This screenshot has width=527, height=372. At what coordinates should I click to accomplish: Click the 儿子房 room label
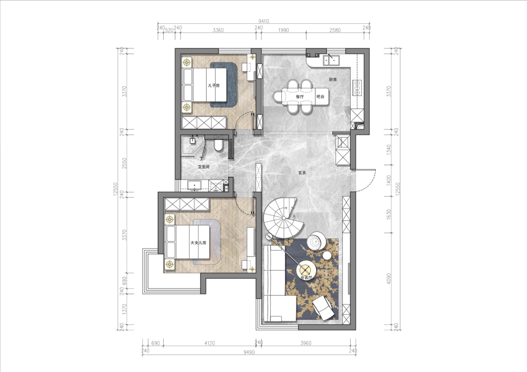(214, 86)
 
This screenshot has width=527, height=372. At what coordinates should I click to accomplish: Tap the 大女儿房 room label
(198, 243)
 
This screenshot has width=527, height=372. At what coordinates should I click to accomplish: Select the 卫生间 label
(204, 167)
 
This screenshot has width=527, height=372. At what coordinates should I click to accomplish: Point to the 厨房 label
(333, 80)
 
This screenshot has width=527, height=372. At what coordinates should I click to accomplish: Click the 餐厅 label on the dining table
(300, 97)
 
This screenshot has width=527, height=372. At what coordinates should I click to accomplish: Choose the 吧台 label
(320, 97)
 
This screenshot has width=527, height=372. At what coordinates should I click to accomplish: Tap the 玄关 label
(302, 173)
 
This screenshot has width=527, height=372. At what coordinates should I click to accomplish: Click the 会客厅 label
(306, 278)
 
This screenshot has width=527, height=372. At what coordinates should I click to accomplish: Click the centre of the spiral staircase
(284, 218)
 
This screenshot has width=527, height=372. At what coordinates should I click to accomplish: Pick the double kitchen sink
(331, 60)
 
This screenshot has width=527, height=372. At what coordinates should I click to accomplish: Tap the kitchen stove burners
(357, 87)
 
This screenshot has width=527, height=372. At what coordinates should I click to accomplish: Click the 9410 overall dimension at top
(263, 21)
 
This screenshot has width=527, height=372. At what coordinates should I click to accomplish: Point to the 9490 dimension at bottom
(249, 352)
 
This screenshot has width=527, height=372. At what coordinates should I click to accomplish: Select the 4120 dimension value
(209, 343)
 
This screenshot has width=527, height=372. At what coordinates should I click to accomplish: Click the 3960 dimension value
(306, 343)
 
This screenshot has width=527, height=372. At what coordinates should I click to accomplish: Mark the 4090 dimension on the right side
(388, 279)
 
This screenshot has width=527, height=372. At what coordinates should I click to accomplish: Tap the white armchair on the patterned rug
(323, 308)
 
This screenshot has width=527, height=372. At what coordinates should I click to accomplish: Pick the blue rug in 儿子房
(224, 85)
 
